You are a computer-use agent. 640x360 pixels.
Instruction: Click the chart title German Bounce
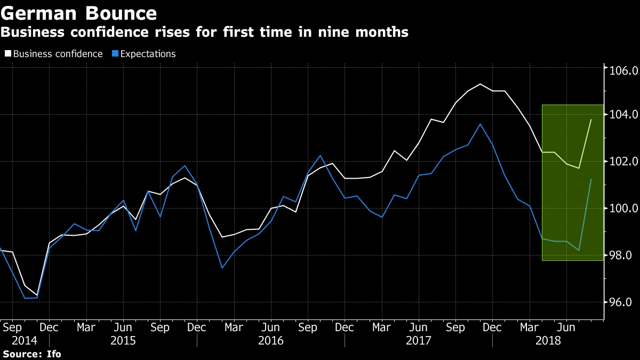tap(79, 12)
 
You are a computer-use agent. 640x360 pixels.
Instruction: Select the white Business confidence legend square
tap(7, 54)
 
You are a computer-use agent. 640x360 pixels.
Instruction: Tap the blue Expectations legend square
tap(115, 54)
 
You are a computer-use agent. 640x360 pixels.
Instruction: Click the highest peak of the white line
tap(480, 84)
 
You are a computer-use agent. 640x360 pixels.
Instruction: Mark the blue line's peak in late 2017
tap(480, 124)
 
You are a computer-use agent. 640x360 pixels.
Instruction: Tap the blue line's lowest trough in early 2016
tap(222, 268)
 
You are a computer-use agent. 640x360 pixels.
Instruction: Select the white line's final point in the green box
tap(591, 119)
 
